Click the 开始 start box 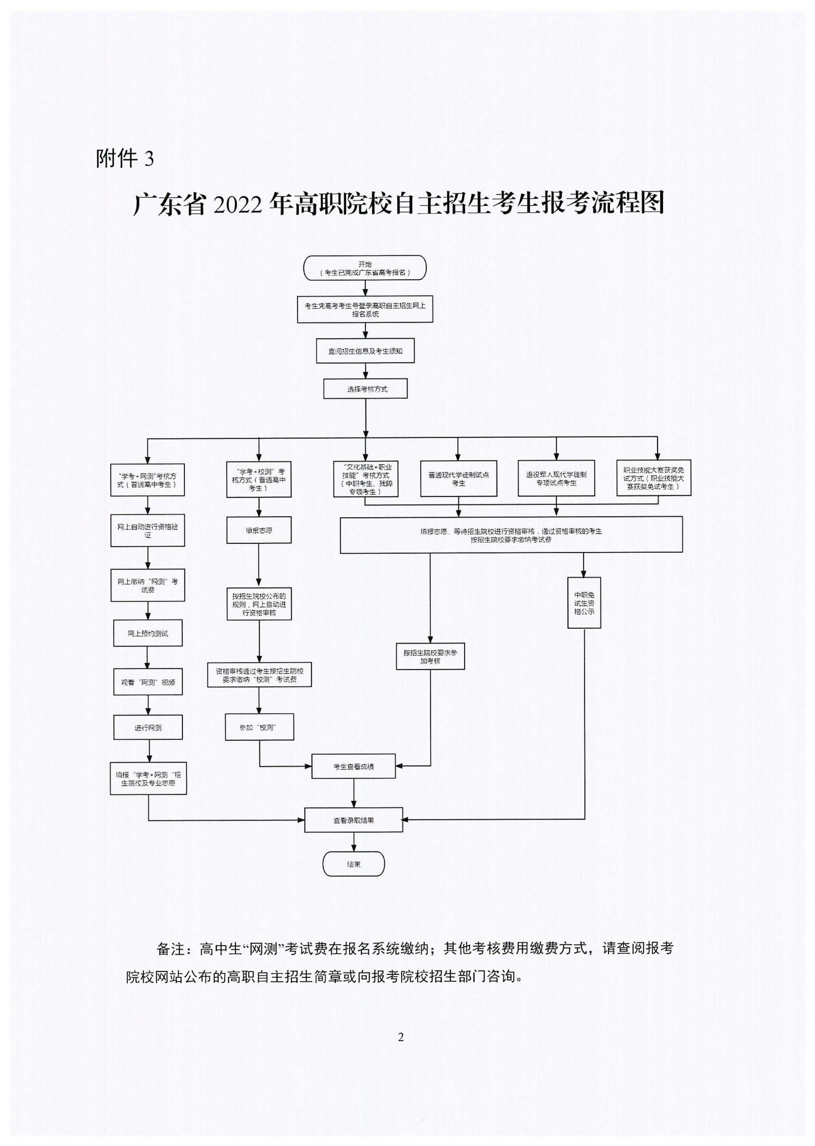[365, 268]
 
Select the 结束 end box [353, 864]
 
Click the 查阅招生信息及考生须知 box [365, 351]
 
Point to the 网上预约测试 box [147, 634]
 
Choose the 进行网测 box [148, 727]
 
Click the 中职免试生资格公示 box [584, 603]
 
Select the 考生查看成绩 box [353, 766]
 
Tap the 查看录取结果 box [353, 820]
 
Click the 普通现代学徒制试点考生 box [459, 478]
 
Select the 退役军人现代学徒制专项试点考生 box [556, 478]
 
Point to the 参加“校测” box [259, 727]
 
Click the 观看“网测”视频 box [148, 682]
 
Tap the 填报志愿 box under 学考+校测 [259, 530]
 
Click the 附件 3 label [124, 159]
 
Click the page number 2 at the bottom [401, 1037]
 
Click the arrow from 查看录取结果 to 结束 [354, 842]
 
